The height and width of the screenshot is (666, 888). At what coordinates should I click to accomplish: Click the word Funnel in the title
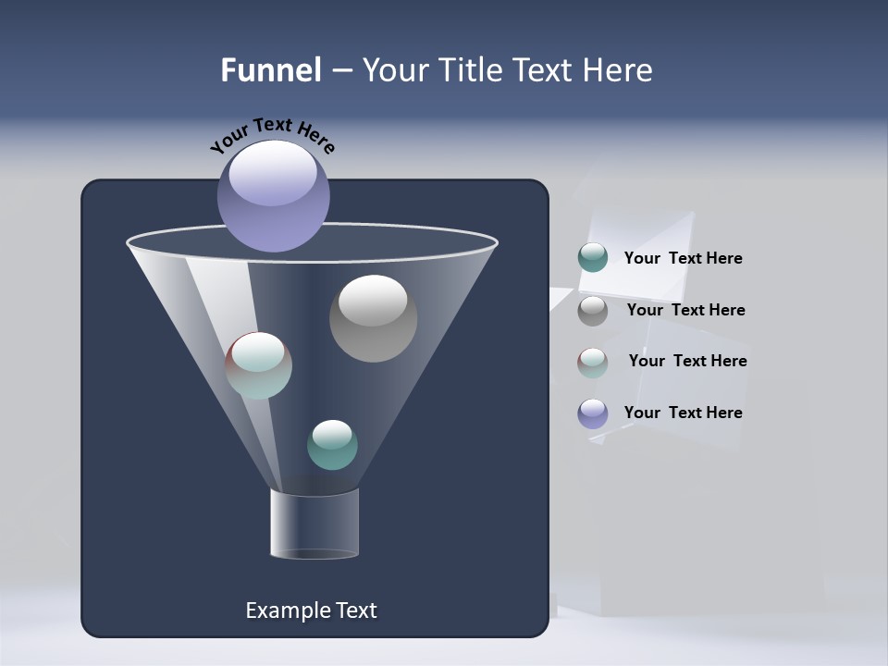tap(270, 70)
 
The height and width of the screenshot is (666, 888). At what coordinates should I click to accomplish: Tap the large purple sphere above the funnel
tap(274, 195)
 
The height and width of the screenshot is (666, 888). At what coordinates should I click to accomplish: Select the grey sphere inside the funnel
tap(373, 318)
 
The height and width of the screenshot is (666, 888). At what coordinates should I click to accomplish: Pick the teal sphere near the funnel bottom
tap(332, 445)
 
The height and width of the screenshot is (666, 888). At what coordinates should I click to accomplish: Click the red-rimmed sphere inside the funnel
tap(259, 365)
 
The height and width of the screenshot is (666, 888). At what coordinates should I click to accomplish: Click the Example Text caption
tap(311, 610)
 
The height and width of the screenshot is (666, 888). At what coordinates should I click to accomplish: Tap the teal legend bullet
tap(593, 258)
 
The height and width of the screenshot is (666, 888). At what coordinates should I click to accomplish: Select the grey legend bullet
tap(593, 311)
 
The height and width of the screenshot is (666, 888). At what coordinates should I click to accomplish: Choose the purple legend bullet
tap(593, 413)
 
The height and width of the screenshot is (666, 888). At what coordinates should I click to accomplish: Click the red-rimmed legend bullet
tap(593, 363)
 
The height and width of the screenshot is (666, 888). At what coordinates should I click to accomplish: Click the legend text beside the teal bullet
tap(683, 259)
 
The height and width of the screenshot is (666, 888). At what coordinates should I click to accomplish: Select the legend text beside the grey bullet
tap(685, 311)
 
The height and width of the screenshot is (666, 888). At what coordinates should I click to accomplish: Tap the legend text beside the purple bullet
tap(683, 413)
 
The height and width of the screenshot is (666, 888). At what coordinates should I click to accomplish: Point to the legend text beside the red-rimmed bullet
tap(687, 362)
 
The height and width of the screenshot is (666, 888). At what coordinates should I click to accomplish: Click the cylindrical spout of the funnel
tap(314, 524)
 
